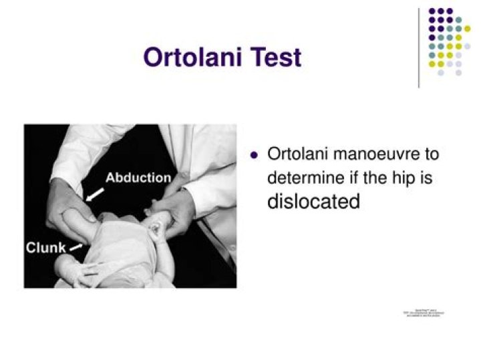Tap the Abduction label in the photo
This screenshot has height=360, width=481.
(x=138, y=178)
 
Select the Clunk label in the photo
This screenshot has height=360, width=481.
(x=45, y=248)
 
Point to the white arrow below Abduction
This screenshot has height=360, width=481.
(x=95, y=194)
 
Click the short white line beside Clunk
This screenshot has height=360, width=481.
(x=76, y=248)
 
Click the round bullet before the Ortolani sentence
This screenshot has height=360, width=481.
(x=254, y=155)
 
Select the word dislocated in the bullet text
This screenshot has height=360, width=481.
(x=313, y=202)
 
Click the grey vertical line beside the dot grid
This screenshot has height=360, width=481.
(x=419, y=47)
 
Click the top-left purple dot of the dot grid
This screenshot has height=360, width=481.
(x=432, y=11)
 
